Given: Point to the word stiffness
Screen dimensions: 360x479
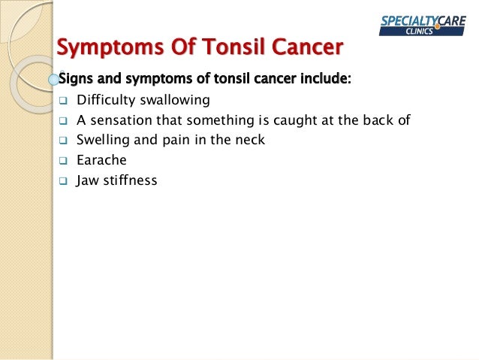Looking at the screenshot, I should (x=131, y=180).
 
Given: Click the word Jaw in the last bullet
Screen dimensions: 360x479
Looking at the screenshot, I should (x=88, y=180).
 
